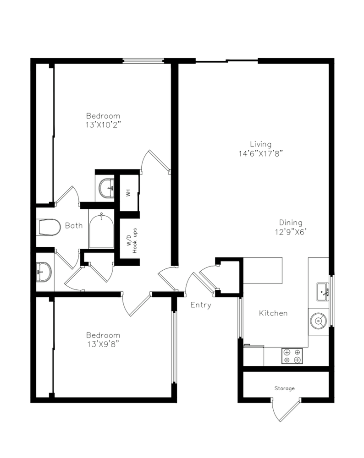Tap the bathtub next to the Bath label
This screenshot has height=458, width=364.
(x=101, y=231)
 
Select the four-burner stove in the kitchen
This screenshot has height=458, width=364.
(x=292, y=356)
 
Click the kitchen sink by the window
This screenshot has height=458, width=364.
(x=323, y=291)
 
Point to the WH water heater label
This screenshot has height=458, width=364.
(x=128, y=193)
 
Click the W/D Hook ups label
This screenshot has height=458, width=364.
(x=132, y=240)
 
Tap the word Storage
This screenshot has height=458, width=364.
(x=285, y=388)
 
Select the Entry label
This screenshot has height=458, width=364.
(x=201, y=305)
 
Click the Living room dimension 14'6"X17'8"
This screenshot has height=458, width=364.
(x=261, y=153)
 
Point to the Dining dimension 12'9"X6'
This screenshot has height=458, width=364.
(x=291, y=232)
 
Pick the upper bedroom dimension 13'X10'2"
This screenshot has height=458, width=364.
(x=103, y=125)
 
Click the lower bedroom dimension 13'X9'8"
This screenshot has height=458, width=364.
(x=103, y=344)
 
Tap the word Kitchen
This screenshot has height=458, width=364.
(x=273, y=313)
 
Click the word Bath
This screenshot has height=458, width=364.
(x=74, y=225)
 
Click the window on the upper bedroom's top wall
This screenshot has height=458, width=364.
(x=143, y=61)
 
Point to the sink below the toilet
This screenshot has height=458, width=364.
(x=44, y=272)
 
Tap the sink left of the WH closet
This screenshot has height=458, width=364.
(x=107, y=189)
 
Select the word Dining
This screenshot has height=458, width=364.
(x=291, y=223)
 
